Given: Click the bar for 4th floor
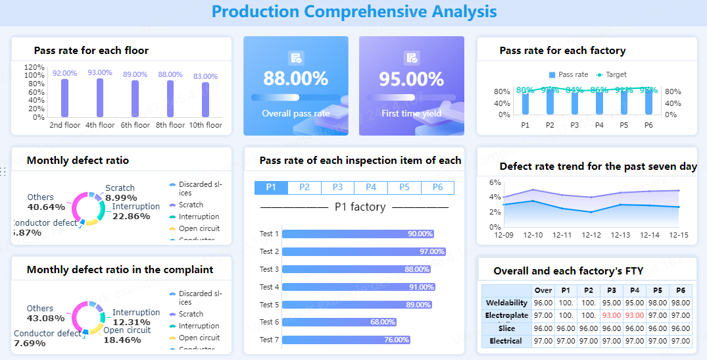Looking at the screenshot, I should click(100, 98).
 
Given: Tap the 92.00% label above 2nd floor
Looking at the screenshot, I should click(65, 73).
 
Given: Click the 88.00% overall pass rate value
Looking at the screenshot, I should click(296, 79).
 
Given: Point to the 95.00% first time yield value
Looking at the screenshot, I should click(411, 79).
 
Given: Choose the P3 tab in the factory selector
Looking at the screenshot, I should click(337, 188).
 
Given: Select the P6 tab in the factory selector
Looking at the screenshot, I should click(437, 188).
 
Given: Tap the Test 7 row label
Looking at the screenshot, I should click(269, 340).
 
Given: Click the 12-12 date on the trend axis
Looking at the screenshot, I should click(591, 235).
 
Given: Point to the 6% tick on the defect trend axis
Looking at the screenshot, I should click(495, 182).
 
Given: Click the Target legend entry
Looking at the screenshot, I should click(612, 75).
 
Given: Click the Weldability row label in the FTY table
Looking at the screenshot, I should click(506, 303).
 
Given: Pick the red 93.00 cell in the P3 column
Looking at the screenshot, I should click(611, 316).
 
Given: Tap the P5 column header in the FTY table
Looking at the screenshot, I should click(657, 290).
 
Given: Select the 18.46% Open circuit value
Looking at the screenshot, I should click(122, 340).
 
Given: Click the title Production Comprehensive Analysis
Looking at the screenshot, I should click(354, 11).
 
